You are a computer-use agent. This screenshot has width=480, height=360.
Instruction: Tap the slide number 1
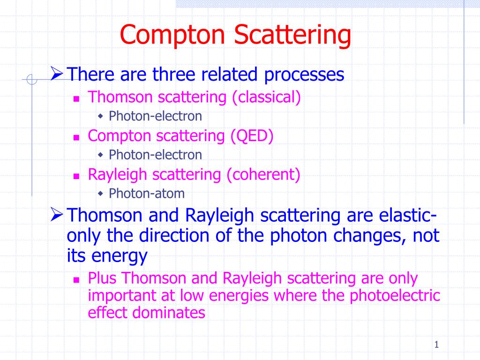[436, 345]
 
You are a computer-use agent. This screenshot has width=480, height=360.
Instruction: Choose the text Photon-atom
[147, 193]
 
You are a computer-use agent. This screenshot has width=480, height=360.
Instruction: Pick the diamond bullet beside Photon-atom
[100, 193]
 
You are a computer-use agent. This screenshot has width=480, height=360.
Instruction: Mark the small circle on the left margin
[32, 80]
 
